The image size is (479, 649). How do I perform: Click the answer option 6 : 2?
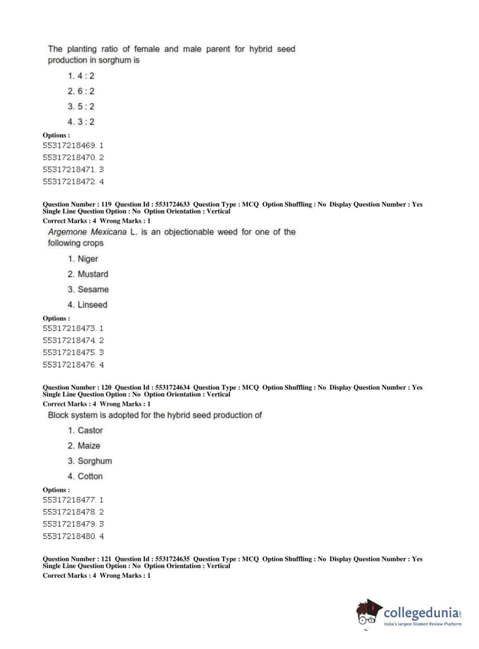pyautogui.click(x=81, y=91)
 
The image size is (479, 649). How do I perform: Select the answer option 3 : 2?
pyautogui.click(x=81, y=122)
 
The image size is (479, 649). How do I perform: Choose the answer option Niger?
pyautogui.click(x=83, y=258)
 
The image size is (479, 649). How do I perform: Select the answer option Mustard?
pyautogui.click(x=88, y=274)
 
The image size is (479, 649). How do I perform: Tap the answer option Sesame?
pyautogui.click(x=88, y=289)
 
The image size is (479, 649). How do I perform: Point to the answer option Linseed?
pyautogui.click(x=88, y=304)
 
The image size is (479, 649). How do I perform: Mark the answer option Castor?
pyautogui.click(x=85, y=430)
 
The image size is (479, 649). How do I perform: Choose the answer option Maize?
pyautogui.click(x=84, y=446)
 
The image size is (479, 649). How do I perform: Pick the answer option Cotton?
pyautogui.click(x=85, y=476)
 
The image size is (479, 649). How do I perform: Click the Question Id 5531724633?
pyautogui.click(x=172, y=204)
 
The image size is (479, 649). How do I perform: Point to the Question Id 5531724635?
pyautogui.click(x=172, y=559)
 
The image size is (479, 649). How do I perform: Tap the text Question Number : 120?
pyautogui.click(x=77, y=387)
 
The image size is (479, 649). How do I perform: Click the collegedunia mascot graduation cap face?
pyautogui.click(x=368, y=613)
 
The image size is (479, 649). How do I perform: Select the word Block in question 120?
pyautogui.click(x=58, y=415)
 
